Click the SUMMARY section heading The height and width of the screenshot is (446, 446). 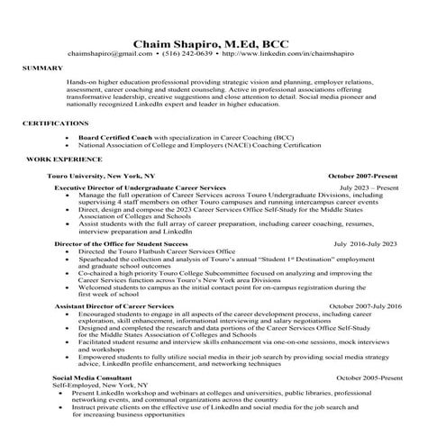tap(42, 68)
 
